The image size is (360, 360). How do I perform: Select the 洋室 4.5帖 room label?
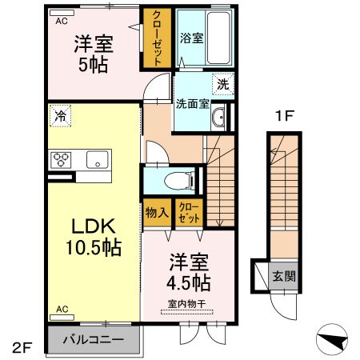[189, 272]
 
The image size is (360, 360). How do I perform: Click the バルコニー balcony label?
[94, 339]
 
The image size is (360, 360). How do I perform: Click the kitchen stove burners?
[62, 159]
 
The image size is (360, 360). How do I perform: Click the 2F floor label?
[21, 347]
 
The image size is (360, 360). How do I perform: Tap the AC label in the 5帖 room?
[61, 22]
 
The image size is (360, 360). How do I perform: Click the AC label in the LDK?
[61, 307]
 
